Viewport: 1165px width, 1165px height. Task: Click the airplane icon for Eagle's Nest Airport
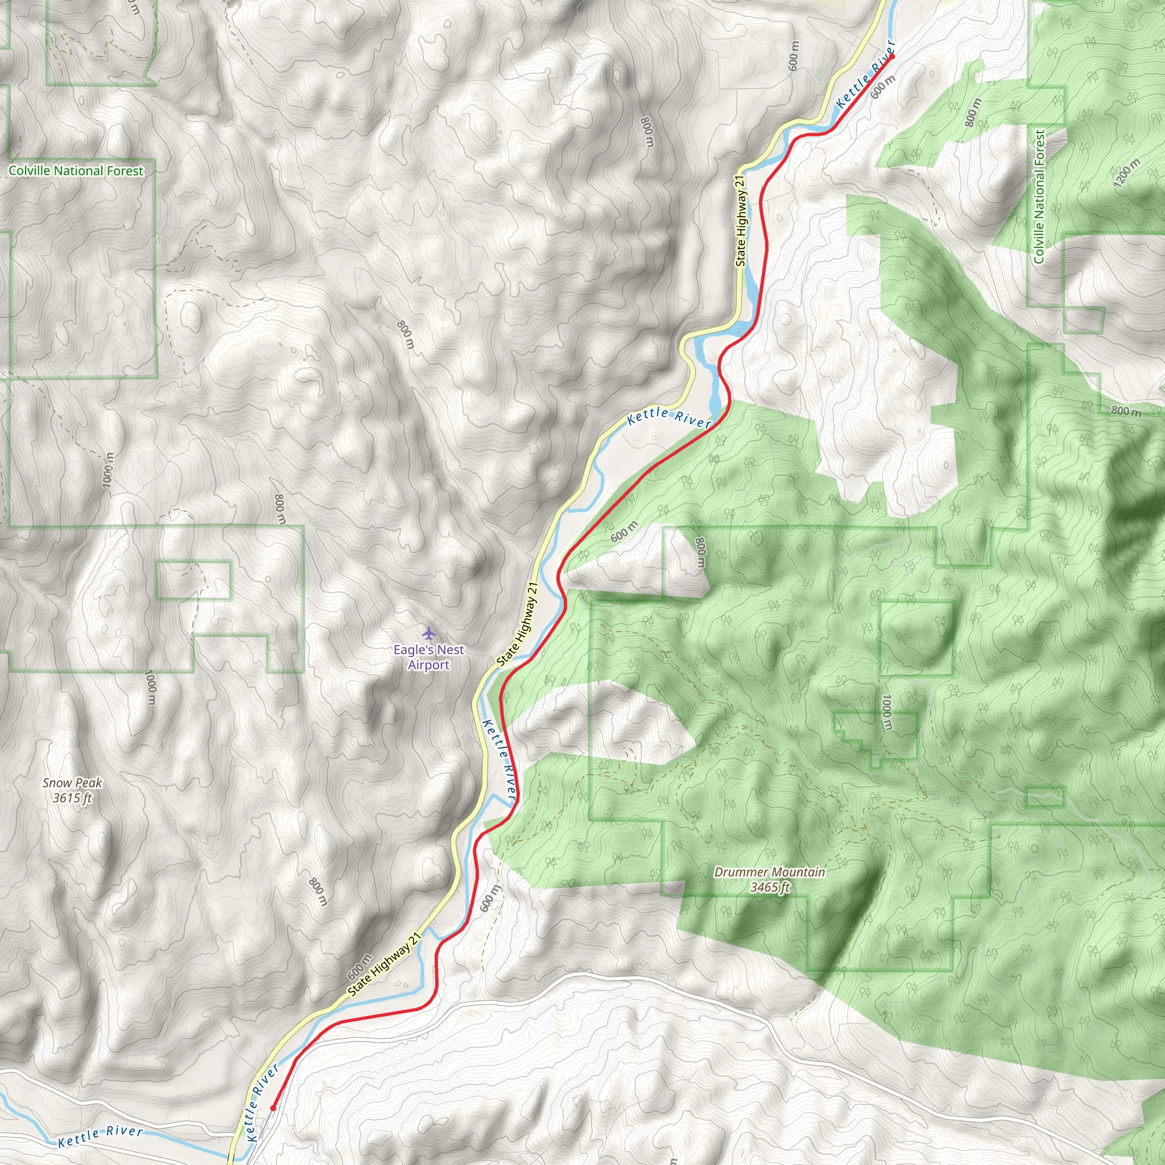pos(428,634)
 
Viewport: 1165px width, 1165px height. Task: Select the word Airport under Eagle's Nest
pos(429,665)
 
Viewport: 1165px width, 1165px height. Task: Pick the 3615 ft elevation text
pos(72,798)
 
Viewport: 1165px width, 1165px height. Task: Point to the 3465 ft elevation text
pos(770,887)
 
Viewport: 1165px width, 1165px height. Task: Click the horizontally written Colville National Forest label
pos(76,171)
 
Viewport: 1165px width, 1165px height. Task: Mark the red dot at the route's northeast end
pos(892,56)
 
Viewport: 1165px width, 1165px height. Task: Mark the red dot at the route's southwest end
pos(273,1108)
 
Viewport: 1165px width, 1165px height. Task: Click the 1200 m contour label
pos(1127,173)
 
